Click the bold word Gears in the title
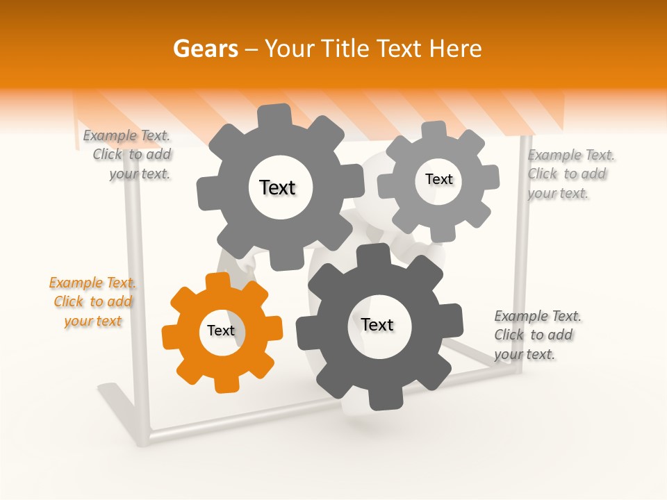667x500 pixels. click(x=205, y=49)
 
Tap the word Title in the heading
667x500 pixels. click(x=344, y=49)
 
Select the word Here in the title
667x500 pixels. click(x=455, y=49)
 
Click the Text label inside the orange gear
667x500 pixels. click(x=221, y=331)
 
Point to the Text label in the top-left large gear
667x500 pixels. click(x=277, y=187)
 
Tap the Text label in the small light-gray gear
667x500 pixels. click(x=438, y=179)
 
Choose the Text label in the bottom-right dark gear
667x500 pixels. click(x=377, y=324)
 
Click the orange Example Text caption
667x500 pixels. click(x=92, y=301)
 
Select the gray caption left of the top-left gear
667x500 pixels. click(x=127, y=155)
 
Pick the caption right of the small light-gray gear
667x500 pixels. click(x=570, y=174)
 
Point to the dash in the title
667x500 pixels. click(x=252, y=49)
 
